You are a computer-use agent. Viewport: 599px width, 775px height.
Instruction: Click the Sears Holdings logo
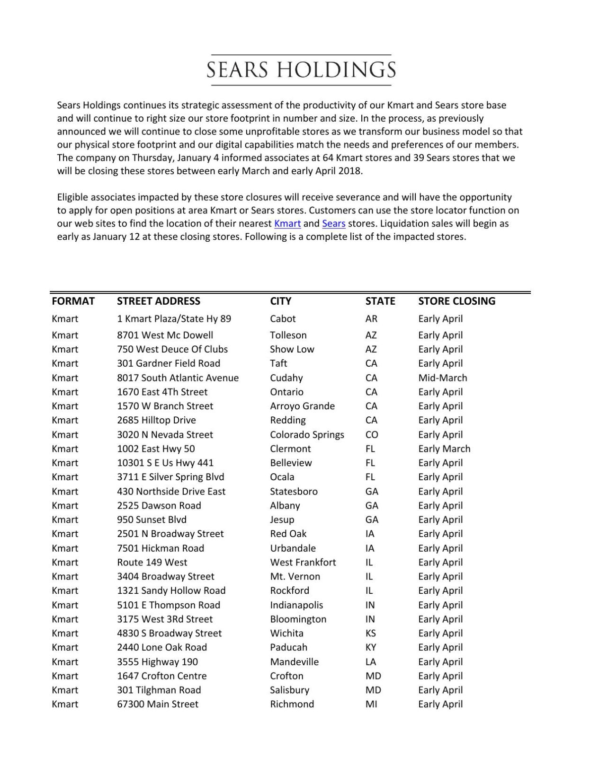pos(301,70)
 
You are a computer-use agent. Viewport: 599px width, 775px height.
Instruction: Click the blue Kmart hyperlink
pos(287,223)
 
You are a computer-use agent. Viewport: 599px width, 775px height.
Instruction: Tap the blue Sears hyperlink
pos(333,223)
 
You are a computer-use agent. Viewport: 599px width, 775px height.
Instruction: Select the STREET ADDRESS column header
pos(158,301)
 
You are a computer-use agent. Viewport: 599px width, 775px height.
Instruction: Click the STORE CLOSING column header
pos(456,301)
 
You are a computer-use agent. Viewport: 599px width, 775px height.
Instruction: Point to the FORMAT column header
pos(73,301)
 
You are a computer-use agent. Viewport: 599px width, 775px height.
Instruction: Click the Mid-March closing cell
pos(442,378)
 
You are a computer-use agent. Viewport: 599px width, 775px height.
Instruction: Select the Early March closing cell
pos(444,449)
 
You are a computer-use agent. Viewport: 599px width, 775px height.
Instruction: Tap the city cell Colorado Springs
pos(307,434)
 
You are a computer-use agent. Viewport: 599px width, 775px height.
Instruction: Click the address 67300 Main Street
pos(158,704)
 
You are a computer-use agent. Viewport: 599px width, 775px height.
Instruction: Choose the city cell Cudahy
pos(286,378)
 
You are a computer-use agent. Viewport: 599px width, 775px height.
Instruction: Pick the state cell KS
pos(371,633)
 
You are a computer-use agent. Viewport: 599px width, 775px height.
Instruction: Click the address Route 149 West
pos(152,562)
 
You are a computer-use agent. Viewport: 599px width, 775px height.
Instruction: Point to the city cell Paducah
pos(288,647)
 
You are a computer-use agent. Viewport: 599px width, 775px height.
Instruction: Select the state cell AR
pos(371,318)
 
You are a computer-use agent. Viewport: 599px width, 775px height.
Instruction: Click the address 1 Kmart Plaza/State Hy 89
pos(174,318)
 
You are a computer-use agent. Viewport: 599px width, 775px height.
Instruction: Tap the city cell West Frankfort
pos(303,562)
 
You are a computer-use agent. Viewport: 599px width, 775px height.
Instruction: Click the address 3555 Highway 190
pos(157,661)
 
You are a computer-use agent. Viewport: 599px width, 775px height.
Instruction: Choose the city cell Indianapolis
pos(296,605)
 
